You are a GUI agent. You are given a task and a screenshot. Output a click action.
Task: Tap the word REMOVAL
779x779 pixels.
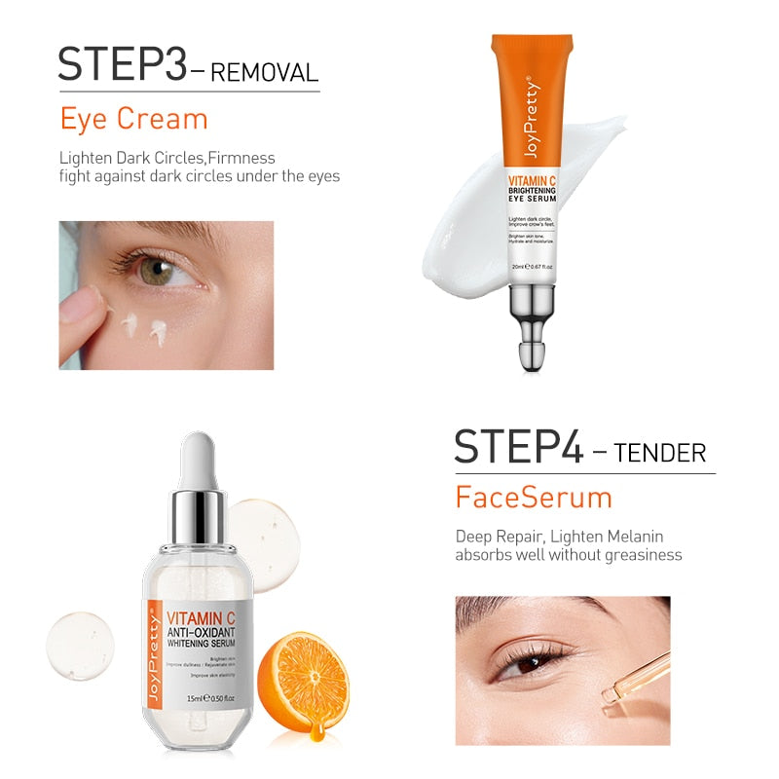tap(265, 72)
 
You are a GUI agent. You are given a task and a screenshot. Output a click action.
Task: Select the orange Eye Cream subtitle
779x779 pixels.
tap(134, 119)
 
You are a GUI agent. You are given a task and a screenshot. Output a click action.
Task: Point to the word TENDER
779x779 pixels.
tap(661, 453)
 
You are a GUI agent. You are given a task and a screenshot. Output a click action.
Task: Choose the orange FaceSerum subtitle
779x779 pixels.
tap(534, 498)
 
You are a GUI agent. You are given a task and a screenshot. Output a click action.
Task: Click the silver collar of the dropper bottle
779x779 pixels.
tap(199, 511)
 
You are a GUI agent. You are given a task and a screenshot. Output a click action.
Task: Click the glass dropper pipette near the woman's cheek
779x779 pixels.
tap(634, 682)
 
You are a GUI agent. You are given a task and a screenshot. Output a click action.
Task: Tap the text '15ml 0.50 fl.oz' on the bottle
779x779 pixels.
tap(200, 696)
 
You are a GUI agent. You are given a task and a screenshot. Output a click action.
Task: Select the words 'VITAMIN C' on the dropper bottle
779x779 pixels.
tap(201, 616)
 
